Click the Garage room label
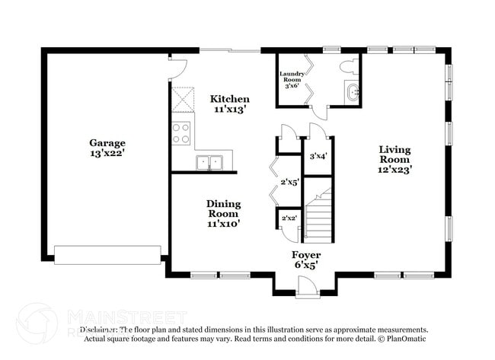[107, 143]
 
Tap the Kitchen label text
[229, 100]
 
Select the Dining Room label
[224, 209]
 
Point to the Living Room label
[395, 155]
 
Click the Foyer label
[306, 255]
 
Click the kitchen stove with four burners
[181, 133]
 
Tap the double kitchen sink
[209, 162]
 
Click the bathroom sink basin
[351, 93]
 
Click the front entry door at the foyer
[307, 287]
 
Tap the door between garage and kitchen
[177, 70]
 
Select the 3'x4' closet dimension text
[318, 156]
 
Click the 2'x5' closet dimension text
[289, 183]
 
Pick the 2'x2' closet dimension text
[289, 218]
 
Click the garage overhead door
[107, 254]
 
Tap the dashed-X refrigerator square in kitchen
[183, 99]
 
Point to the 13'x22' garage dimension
[107, 154]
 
